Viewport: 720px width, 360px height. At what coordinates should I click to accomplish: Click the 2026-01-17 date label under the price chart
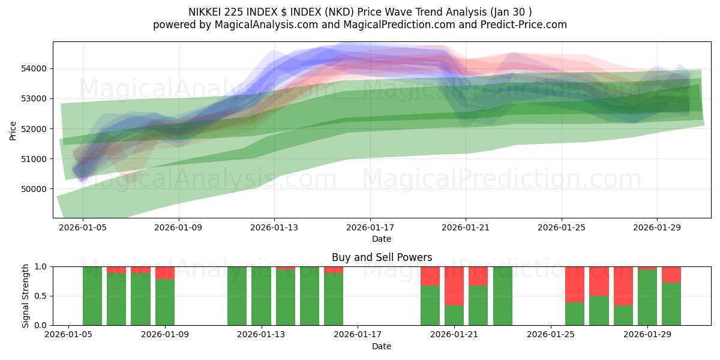pos(370,227)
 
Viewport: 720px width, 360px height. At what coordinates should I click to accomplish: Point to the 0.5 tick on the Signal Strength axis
pos(42,296)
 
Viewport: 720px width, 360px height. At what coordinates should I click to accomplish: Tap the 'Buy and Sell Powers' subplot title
pos(382,257)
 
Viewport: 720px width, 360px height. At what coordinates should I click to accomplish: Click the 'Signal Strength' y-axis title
pos(25,296)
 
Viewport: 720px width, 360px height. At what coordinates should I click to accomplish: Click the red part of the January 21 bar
pos(454,286)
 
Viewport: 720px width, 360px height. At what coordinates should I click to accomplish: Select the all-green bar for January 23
pos(503,296)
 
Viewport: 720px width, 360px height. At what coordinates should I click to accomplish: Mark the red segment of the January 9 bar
pos(165,272)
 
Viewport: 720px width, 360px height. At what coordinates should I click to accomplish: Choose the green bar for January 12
pos(237,296)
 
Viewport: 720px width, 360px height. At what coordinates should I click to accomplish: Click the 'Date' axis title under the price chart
pos(382,239)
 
